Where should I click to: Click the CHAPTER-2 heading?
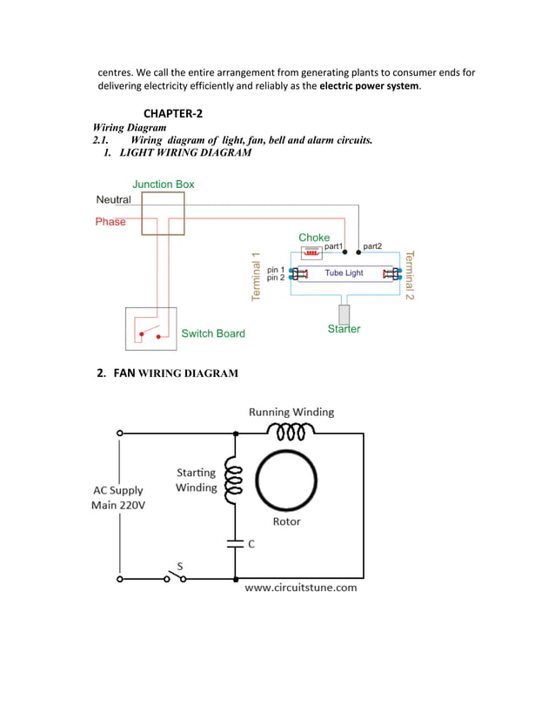pos(172,114)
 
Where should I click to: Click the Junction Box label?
pos(164,184)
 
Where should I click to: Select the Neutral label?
pos(113,199)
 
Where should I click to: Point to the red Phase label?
pos(110,222)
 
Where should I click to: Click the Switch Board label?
pos(213,333)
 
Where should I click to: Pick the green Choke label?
pos(314,238)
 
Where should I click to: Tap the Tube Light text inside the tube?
pos(344,273)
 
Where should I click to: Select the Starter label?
pos(344,329)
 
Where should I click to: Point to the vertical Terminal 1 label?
pos(257,277)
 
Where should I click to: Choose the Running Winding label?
pos(291,412)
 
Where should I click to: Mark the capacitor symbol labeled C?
pos(235,544)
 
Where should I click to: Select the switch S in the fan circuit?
pos(175,577)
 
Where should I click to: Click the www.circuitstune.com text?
pos(301,588)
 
